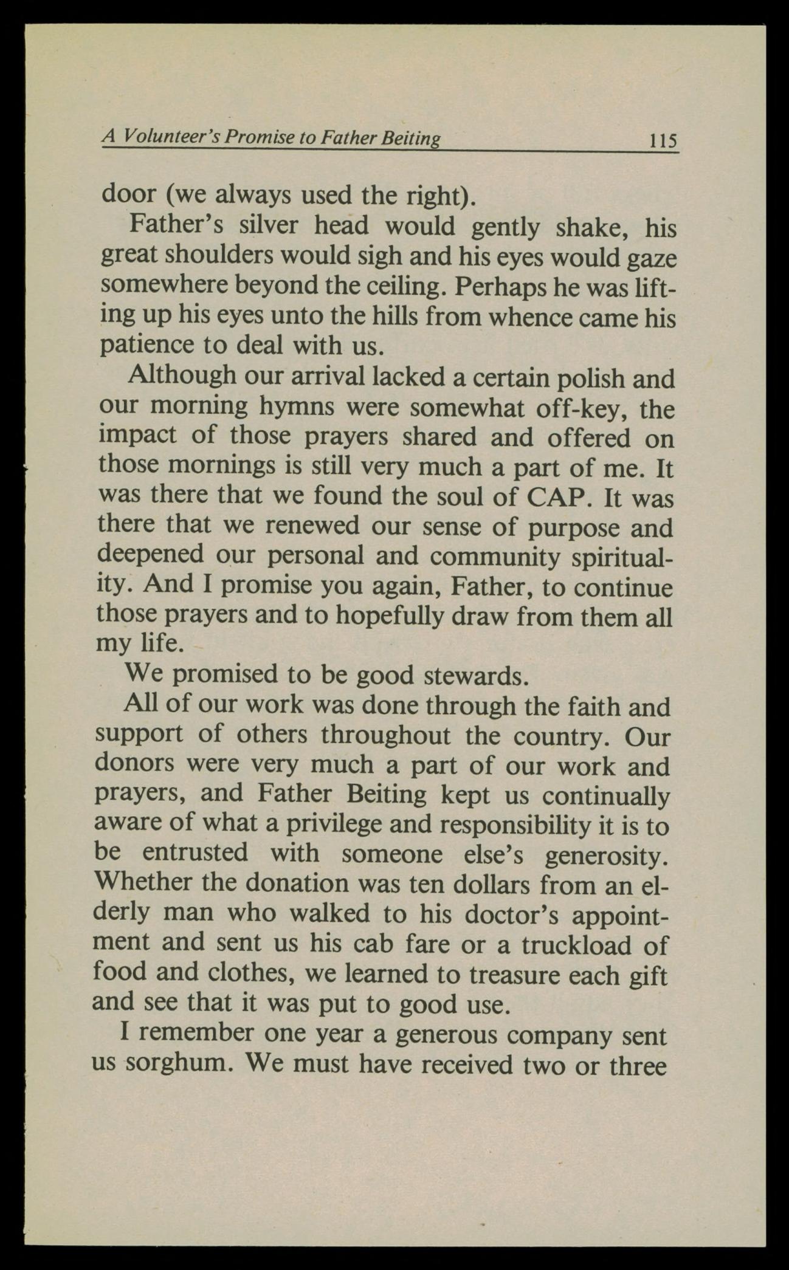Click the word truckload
[x=593, y=944]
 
